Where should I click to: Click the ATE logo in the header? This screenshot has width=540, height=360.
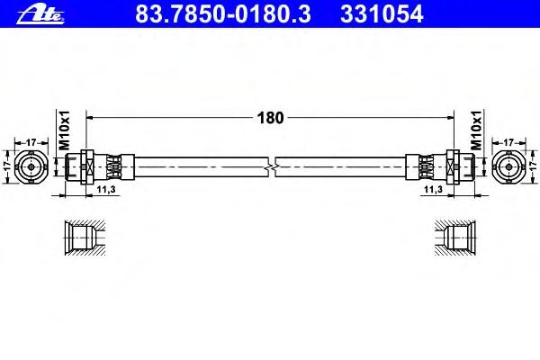click(x=40, y=14)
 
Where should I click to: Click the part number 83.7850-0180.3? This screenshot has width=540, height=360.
click(x=223, y=14)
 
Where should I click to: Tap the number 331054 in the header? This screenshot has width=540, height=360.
click(x=382, y=14)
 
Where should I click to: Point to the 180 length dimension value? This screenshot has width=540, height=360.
click(x=270, y=118)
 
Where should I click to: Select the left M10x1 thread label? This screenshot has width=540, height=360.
click(x=65, y=130)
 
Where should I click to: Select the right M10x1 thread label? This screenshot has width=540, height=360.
click(x=476, y=130)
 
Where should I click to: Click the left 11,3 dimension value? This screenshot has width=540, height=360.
click(x=105, y=189)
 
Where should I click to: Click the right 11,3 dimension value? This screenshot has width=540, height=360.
click(x=433, y=189)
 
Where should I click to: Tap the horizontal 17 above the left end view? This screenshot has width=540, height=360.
click(x=31, y=142)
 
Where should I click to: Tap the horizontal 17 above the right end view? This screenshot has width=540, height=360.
click(x=508, y=142)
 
